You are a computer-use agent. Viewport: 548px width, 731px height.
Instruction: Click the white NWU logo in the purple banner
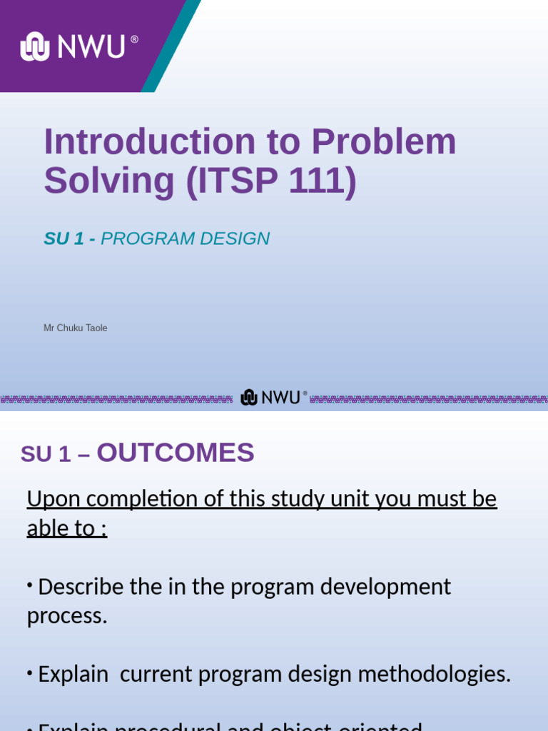coord(73,47)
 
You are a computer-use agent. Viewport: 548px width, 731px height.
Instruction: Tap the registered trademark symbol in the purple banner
coord(134,39)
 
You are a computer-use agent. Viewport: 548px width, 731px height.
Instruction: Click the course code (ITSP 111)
coord(271,181)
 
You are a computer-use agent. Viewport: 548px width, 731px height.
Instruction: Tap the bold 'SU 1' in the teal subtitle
coord(64,239)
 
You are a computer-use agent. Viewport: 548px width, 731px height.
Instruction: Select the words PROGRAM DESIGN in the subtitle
coord(185,239)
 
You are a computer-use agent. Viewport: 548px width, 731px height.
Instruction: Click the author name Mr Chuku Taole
coord(75,328)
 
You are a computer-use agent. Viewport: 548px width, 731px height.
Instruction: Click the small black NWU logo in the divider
coord(273,398)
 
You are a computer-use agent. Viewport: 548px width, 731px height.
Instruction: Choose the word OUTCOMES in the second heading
coord(176,453)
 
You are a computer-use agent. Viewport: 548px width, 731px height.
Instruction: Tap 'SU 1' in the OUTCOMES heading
coord(46,454)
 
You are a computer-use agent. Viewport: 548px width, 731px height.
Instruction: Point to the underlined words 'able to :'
coord(66,528)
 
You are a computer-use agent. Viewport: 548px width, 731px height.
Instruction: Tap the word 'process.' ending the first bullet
coord(66,616)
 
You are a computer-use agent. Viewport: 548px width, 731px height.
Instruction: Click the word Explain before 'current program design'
coord(73,674)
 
